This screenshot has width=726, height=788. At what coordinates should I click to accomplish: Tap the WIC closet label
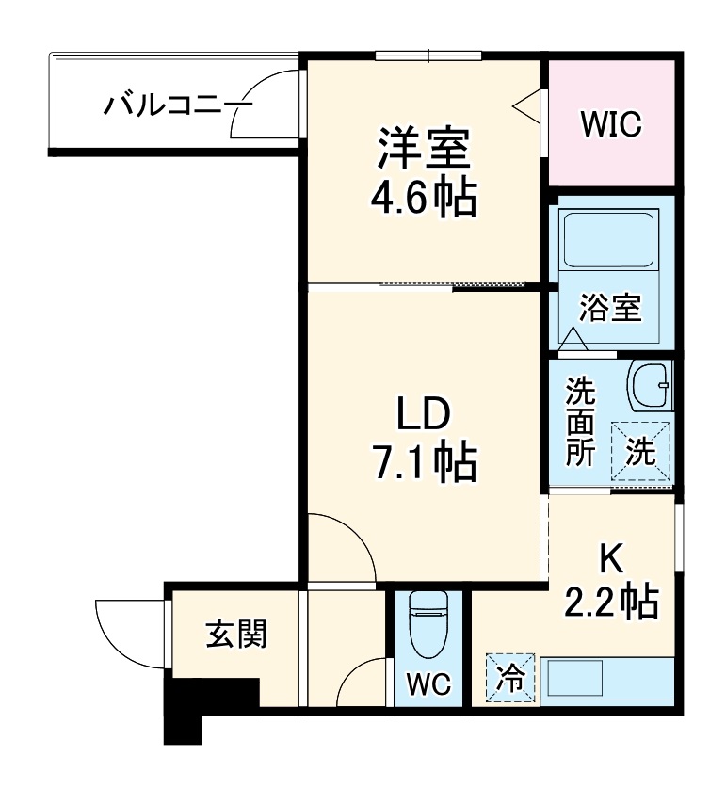click(610, 122)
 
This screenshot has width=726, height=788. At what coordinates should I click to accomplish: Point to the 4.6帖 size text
click(426, 200)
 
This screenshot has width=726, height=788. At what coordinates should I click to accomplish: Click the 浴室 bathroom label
click(610, 309)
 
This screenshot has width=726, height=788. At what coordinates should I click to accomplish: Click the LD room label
click(426, 414)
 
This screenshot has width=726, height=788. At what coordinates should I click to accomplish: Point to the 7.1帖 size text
click(426, 462)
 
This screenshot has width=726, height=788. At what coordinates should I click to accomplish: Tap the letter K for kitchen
click(612, 559)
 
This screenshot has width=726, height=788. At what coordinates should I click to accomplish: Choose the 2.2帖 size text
click(612, 602)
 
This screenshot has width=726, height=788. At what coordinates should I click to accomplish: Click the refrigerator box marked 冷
click(508, 678)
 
